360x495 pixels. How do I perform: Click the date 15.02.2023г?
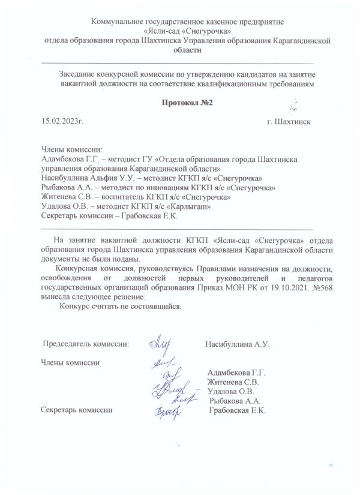point(62,121)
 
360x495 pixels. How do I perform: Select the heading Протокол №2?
point(179,104)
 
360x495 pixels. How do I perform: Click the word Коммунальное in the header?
point(118,22)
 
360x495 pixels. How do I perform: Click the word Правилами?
point(215,269)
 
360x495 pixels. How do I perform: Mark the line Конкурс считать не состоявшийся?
point(120,305)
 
